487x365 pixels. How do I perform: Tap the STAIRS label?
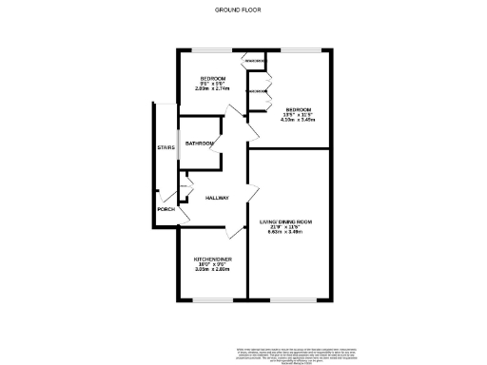tap(166, 147)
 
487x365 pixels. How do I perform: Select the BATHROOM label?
tap(199, 144)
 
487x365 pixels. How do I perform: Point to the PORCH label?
tap(166, 208)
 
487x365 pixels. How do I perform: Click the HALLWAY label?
tap(217, 198)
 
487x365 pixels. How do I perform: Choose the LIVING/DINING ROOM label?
tap(286, 221)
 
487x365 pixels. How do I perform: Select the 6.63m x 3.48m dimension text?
tap(285, 232)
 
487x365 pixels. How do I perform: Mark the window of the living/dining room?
tap(288, 299)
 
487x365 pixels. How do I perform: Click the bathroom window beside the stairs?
tap(182, 144)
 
